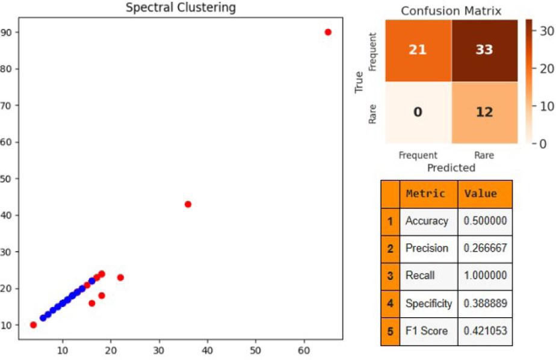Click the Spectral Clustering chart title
click(x=181, y=8)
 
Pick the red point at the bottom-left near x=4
click(x=33, y=325)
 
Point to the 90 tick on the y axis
click(x=11, y=32)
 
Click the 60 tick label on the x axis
click(x=304, y=350)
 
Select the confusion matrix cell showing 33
click(x=484, y=50)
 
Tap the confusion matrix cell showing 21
click(x=418, y=50)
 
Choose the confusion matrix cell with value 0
click(x=418, y=112)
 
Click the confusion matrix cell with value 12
click(x=484, y=112)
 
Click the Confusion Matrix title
click(x=451, y=11)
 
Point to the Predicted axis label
click(x=451, y=168)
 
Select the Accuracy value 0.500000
click(x=485, y=221)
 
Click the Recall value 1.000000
click(x=485, y=276)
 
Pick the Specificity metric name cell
click(x=428, y=303)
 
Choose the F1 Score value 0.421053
click(x=485, y=331)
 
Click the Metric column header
click(x=426, y=194)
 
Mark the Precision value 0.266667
click(x=485, y=248)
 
